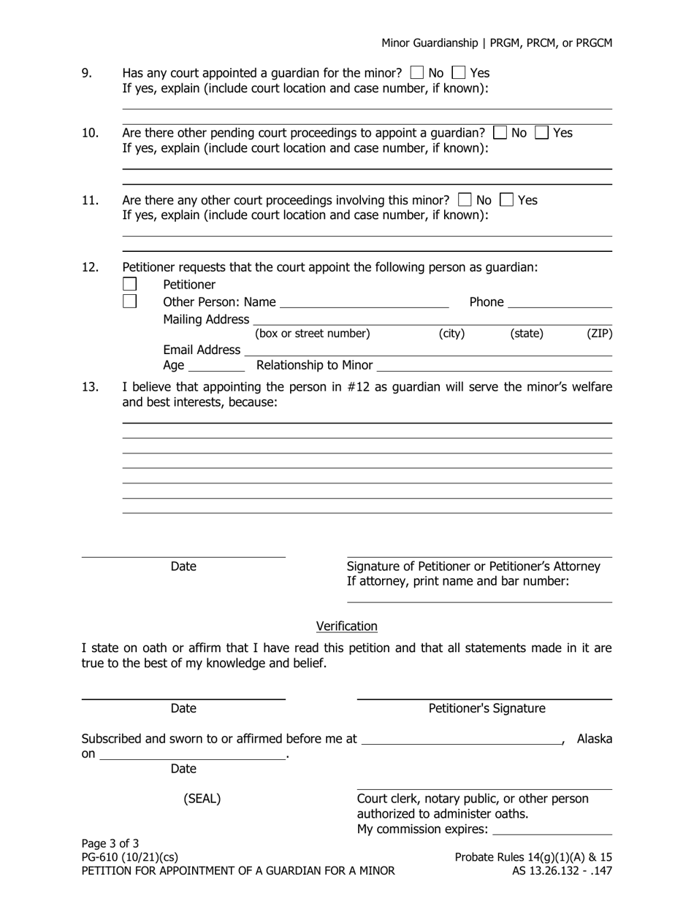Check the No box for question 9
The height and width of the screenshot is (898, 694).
[x=417, y=73]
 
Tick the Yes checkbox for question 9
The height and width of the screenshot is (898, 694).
[x=459, y=73]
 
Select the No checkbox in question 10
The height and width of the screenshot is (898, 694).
[x=500, y=133]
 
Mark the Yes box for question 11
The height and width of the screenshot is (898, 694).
[x=506, y=199]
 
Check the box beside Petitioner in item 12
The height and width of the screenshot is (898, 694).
[x=129, y=284]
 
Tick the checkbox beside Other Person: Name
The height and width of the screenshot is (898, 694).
[x=129, y=301]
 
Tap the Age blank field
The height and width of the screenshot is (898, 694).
[x=216, y=367]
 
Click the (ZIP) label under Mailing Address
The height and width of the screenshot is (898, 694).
[x=599, y=334]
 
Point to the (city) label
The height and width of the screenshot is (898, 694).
[x=451, y=334]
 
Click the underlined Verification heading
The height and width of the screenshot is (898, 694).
[x=346, y=626]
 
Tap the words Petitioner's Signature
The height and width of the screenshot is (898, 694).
[x=487, y=708]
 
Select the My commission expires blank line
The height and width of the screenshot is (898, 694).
[x=552, y=831]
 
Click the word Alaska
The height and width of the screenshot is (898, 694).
[x=595, y=739]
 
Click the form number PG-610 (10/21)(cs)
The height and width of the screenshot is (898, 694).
[x=130, y=857]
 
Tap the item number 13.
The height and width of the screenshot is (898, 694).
[x=90, y=387]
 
